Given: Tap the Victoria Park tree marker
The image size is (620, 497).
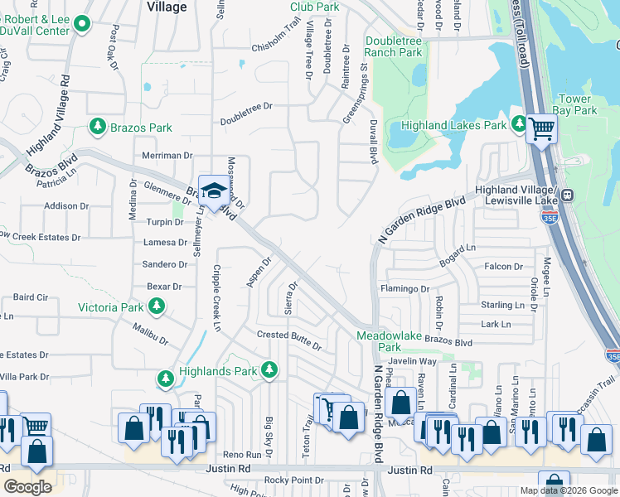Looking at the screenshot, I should pos(157,308).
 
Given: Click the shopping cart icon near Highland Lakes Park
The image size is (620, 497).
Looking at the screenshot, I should pos(541,128).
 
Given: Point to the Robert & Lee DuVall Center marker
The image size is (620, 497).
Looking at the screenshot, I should pos(81,25).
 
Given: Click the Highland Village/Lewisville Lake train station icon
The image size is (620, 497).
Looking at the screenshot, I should pos(568,195).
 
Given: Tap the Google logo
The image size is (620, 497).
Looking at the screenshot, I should pos(27,486).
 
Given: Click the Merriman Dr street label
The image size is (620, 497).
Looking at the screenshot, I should pos(167,155).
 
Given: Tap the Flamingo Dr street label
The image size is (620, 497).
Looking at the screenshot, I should pos(404,289).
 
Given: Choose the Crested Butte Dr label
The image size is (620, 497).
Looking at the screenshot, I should pos(288,335).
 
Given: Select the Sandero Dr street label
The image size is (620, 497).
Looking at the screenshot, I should pos(165,264).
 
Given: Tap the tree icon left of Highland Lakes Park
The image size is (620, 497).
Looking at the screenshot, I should pos(520,125).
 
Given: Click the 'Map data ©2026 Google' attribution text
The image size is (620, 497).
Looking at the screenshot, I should pos(569,490).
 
